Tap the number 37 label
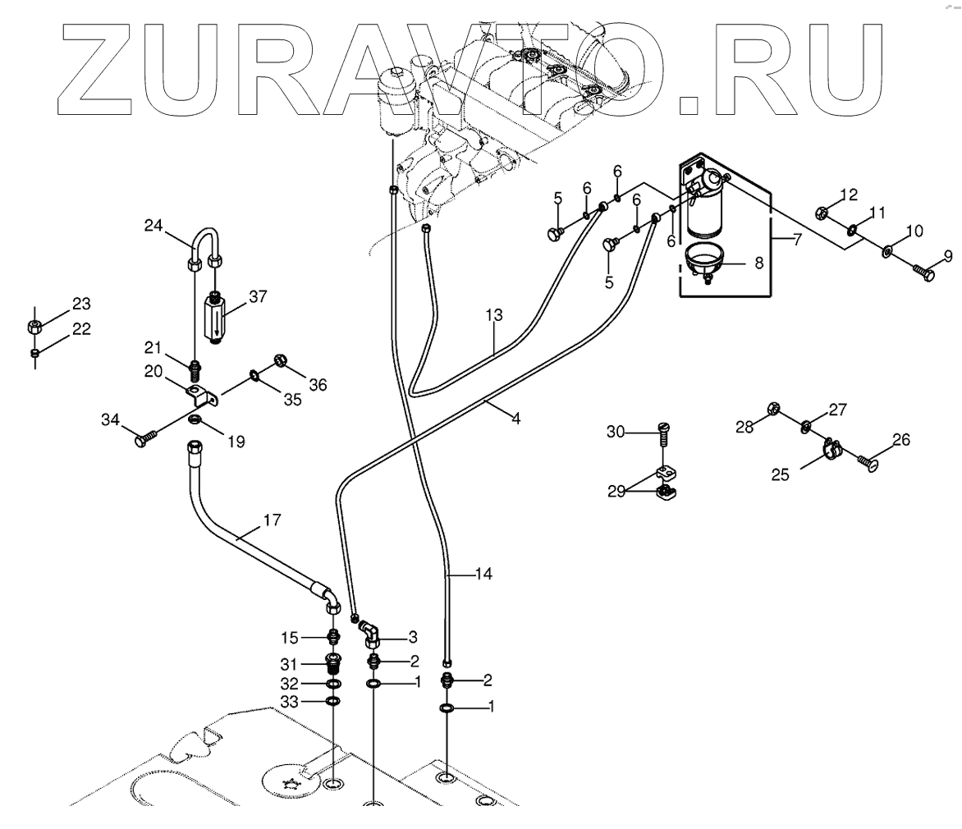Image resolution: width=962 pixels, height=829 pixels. click(258, 297)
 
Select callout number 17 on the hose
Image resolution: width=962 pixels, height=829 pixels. click(272, 519)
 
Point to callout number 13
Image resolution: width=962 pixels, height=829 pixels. click(492, 315)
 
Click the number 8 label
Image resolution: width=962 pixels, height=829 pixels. click(758, 263)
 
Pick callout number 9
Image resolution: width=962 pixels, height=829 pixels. click(947, 257)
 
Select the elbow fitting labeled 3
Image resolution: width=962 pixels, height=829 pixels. click(369, 634)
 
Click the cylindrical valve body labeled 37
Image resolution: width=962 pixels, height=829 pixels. click(216, 321)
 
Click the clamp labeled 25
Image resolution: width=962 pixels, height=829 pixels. click(832, 447)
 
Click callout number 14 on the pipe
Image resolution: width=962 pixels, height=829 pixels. click(484, 574)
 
